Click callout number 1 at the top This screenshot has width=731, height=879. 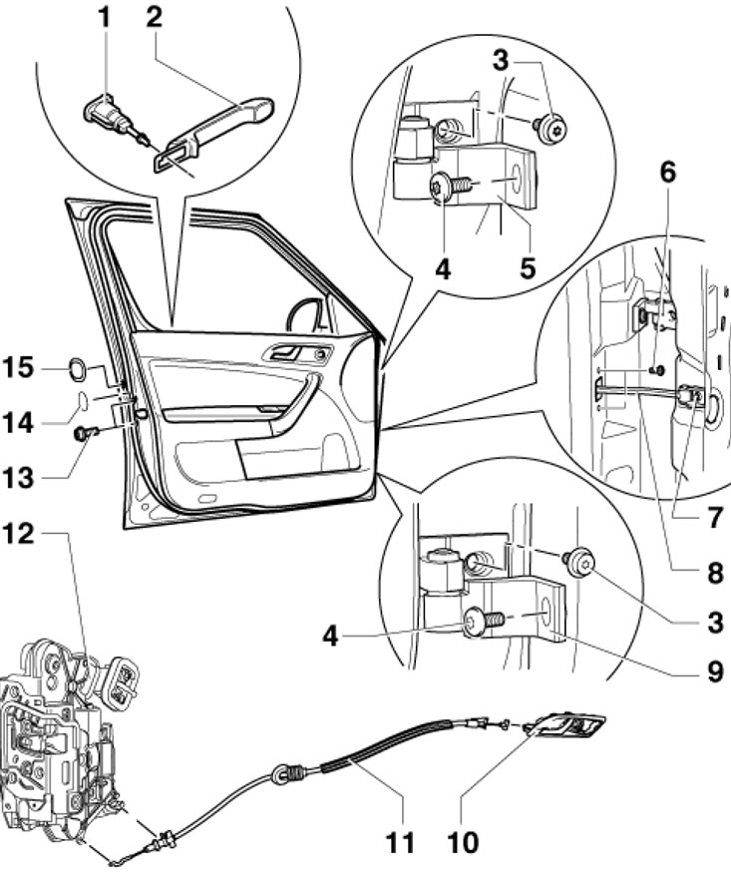point(104,20)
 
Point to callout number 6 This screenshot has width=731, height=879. point(667,173)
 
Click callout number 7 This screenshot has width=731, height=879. point(714,519)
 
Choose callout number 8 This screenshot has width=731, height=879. point(715,574)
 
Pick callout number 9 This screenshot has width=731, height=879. point(715,671)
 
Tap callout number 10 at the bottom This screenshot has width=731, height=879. point(463,842)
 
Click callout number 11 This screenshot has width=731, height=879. point(400,842)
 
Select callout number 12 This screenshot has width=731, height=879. point(19,534)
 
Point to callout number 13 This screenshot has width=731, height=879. point(19,478)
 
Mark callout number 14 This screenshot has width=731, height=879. point(19,422)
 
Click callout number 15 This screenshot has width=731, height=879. point(19,368)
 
